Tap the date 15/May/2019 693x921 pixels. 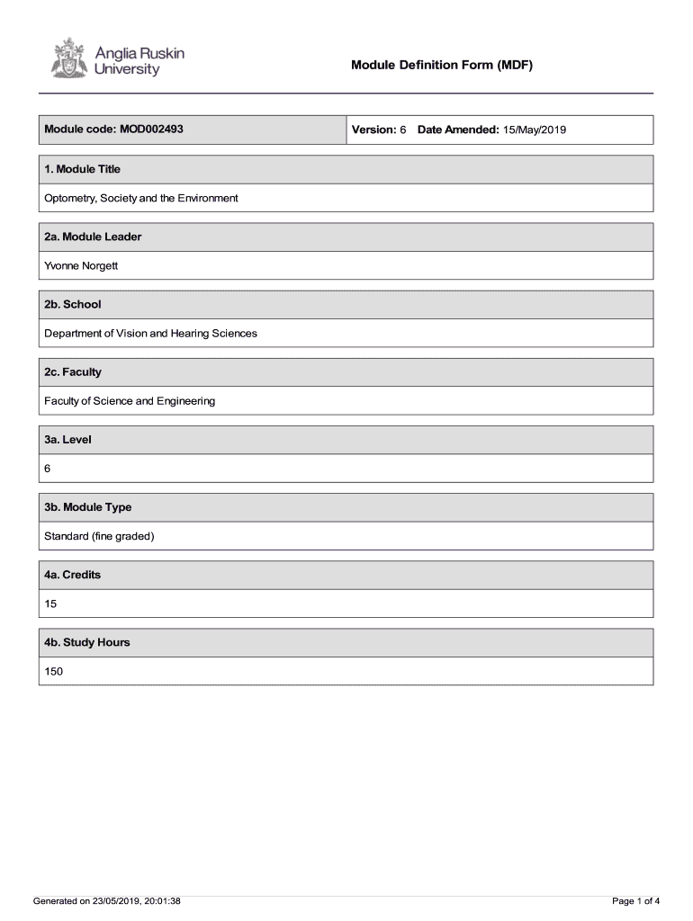535,130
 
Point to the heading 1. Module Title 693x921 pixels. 83,169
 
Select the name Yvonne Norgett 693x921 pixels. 81,265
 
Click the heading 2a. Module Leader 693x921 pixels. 93,237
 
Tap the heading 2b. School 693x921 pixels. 73,304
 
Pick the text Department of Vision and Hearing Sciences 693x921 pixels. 150,333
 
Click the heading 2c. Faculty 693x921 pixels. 73,371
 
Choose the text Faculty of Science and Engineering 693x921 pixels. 130,400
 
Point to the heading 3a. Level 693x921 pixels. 68,440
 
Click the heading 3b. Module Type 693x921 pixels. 88,507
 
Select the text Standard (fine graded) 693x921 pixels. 100,536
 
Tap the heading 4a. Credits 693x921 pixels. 73,575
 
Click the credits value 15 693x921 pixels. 51,604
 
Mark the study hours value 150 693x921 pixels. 54,671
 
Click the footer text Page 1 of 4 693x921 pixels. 635,900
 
